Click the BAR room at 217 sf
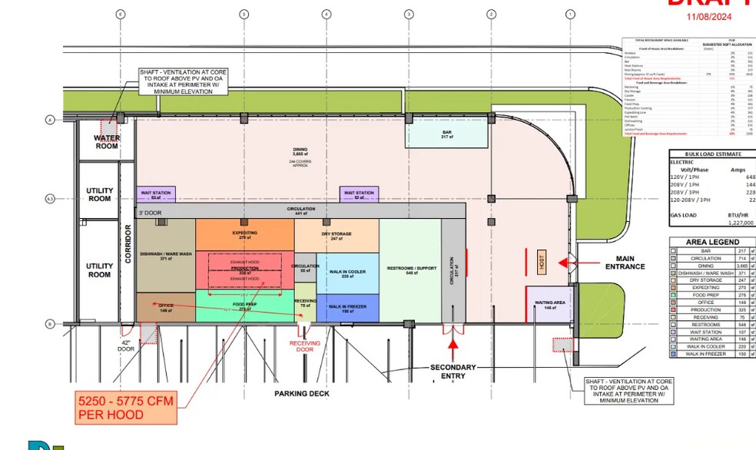[x=446, y=135]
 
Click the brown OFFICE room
[x=164, y=306]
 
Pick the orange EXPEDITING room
[x=244, y=235]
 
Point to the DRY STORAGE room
[x=336, y=236]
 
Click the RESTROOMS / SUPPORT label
[x=410, y=269]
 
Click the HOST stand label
[x=541, y=263]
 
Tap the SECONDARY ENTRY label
[x=453, y=372]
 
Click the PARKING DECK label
[x=302, y=393]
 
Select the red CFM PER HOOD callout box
[x=127, y=407]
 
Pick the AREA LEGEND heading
[x=712, y=240]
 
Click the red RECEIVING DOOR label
[x=306, y=346]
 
